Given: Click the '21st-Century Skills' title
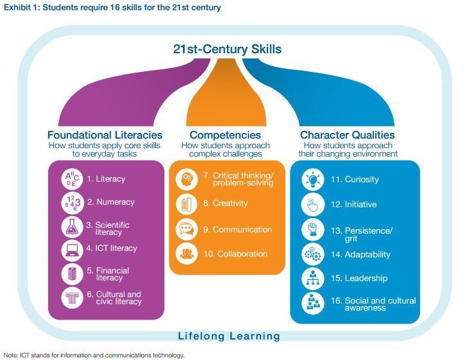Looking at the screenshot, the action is click(227, 49).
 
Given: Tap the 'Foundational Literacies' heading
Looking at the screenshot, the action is click(105, 135).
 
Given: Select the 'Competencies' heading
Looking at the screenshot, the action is click(225, 135).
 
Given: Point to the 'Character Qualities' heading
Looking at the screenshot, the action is click(348, 135).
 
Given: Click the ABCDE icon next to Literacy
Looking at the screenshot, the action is click(72, 179).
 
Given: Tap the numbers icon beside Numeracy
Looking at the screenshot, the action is click(72, 202).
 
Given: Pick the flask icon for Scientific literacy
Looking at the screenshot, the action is click(72, 227).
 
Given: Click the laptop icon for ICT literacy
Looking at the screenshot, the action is click(72, 250).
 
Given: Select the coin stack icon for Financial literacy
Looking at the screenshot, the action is click(72, 274).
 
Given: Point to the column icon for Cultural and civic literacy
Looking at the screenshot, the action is click(72, 298).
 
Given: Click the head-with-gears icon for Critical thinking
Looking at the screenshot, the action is click(187, 179).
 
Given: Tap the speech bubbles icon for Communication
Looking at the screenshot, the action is click(187, 230).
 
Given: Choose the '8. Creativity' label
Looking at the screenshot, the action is click(226, 203).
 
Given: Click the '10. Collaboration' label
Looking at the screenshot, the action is click(235, 254).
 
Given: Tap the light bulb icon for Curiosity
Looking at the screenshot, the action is click(313, 180).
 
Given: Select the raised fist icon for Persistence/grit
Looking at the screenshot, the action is click(313, 230).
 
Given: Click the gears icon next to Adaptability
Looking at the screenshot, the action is click(313, 255).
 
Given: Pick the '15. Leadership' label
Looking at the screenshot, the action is click(359, 278).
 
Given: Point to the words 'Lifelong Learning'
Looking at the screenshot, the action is click(229, 336).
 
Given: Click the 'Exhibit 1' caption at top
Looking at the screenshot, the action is click(112, 7).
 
